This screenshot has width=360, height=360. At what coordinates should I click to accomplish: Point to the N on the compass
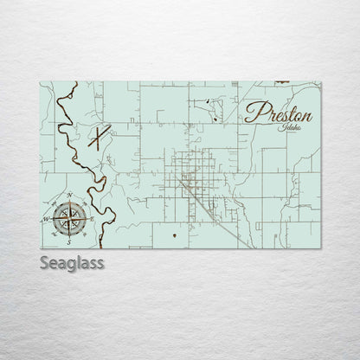68,196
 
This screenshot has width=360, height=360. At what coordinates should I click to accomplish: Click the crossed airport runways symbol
101,138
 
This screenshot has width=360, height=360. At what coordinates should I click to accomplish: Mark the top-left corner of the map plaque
41,82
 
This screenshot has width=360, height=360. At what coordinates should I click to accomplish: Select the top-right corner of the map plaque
320,82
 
